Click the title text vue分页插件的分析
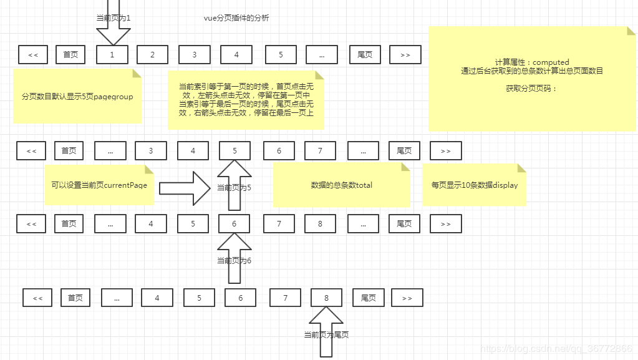pos(236,18)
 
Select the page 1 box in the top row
pos(112,55)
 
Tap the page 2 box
pos(153,55)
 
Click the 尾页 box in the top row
pos(365,55)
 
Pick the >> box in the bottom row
pos(407,298)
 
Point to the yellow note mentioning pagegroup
pos(77,97)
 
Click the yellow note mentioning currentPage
pos(99,185)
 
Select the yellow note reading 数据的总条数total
pos(341,185)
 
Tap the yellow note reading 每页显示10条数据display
pos(474,185)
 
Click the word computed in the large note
pos(551,62)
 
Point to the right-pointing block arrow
pos(185,188)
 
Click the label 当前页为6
pos(234,260)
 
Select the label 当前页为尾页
pos(326,335)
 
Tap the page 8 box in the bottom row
pos(326,298)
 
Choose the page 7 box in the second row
pos(320,150)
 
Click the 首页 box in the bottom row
pos(75,298)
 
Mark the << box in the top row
pos(33,55)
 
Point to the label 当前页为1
pos(114,18)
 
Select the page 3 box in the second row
pos(151,150)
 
